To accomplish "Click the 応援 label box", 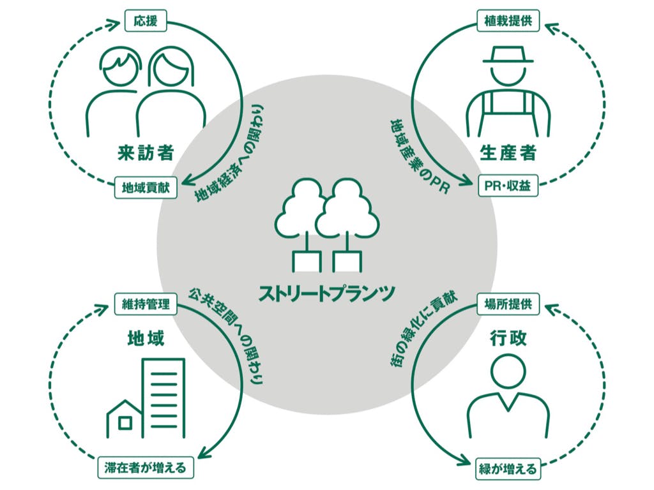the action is (x=146, y=21).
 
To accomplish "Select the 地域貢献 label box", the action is (x=146, y=188).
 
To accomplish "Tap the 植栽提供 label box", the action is (x=508, y=21).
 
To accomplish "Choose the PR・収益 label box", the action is (x=508, y=186).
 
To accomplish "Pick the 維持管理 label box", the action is (x=146, y=304).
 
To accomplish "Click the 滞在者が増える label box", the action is (x=146, y=468).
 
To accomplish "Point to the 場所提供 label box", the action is (x=508, y=304).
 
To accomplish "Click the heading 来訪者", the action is (x=146, y=153).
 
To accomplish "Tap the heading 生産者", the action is (x=508, y=153).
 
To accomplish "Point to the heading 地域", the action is (x=146, y=338).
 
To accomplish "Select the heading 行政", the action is (x=508, y=338).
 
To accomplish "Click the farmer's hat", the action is (x=508, y=55).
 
